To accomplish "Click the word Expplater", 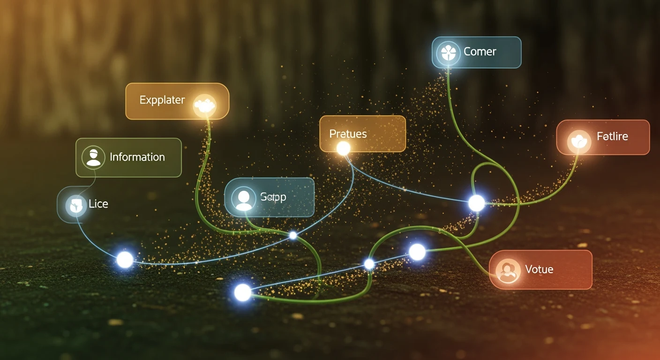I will pyautogui.click(x=162, y=100).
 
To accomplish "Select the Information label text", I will pyautogui.click(x=137, y=157).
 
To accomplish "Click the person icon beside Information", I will pyautogui.click(x=93, y=157).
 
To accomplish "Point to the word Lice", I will pyautogui.click(x=98, y=204).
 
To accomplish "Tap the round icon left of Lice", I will pyautogui.click(x=75, y=205).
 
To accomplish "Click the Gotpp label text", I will pyautogui.click(x=273, y=197).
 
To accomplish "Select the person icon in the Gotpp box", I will pyautogui.click(x=243, y=199).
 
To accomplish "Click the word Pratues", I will pyautogui.click(x=348, y=134).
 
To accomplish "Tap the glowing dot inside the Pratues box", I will pyautogui.click(x=344, y=149).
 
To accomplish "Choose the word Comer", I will pyautogui.click(x=480, y=52).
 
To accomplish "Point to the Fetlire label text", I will pyautogui.click(x=612, y=137).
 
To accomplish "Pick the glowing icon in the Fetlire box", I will pyautogui.click(x=579, y=142).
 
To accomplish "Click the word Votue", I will pyautogui.click(x=539, y=270).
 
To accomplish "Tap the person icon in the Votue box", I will pyautogui.click(x=508, y=270).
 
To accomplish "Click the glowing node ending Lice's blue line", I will pyautogui.click(x=125, y=260).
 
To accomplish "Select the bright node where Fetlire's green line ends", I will pyautogui.click(x=477, y=203).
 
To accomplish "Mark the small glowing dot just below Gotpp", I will pyautogui.click(x=293, y=235).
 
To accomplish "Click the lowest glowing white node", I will pyautogui.click(x=243, y=292).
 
